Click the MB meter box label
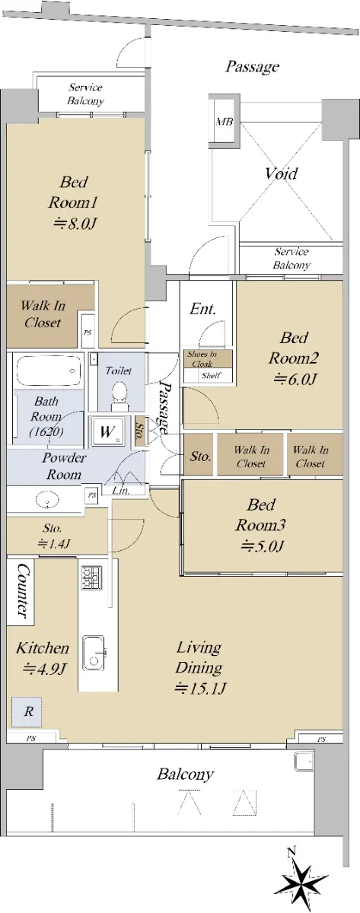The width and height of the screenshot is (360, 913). point(225,122)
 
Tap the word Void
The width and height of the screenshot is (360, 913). point(281,174)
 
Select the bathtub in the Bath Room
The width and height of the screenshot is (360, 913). point(49,371)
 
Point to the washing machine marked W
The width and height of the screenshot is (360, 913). point(107,431)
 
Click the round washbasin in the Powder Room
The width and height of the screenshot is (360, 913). point(48,499)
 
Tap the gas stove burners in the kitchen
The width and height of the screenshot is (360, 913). point(92,577)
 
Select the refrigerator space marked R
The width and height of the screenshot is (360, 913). point(27,711)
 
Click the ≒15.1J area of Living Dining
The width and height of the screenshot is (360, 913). point(199,689)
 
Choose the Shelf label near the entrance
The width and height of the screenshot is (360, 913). point(211,376)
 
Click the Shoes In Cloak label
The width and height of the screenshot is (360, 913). point(202,358)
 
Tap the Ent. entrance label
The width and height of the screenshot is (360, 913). point(202,309)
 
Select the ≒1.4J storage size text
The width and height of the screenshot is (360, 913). point(54,543)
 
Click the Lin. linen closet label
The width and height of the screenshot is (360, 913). point(122,491)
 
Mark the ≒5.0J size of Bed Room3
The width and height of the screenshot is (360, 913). point(261,546)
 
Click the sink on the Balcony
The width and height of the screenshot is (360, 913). point(304,761)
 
